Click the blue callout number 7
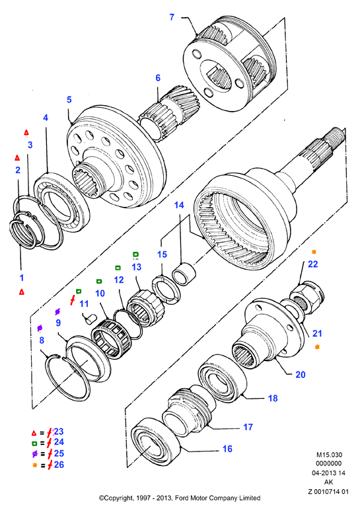pyautogui.click(x=172, y=17)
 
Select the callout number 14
pyautogui.click(x=179, y=205)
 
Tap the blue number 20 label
pyautogui.click(x=301, y=374)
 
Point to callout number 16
pyautogui.click(x=227, y=449)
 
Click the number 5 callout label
pyautogui.click(x=69, y=99)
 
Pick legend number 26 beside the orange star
pyautogui.click(x=59, y=465)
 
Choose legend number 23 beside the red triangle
pyautogui.click(x=59, y=432)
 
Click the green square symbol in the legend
pyautogui.click(x=34, y=443)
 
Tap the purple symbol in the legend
pyautogui.click(x=34, y=453)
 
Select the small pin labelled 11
pyautogui.click(x=89, y=319)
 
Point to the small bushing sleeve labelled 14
pyautogui.click(x=184, y=274)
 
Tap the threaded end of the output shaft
pyautogui.click(x=335, y=137)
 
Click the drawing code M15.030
pyautogui.click(x=329, y=455)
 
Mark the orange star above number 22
pyautogui.click(x=314, y=252)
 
